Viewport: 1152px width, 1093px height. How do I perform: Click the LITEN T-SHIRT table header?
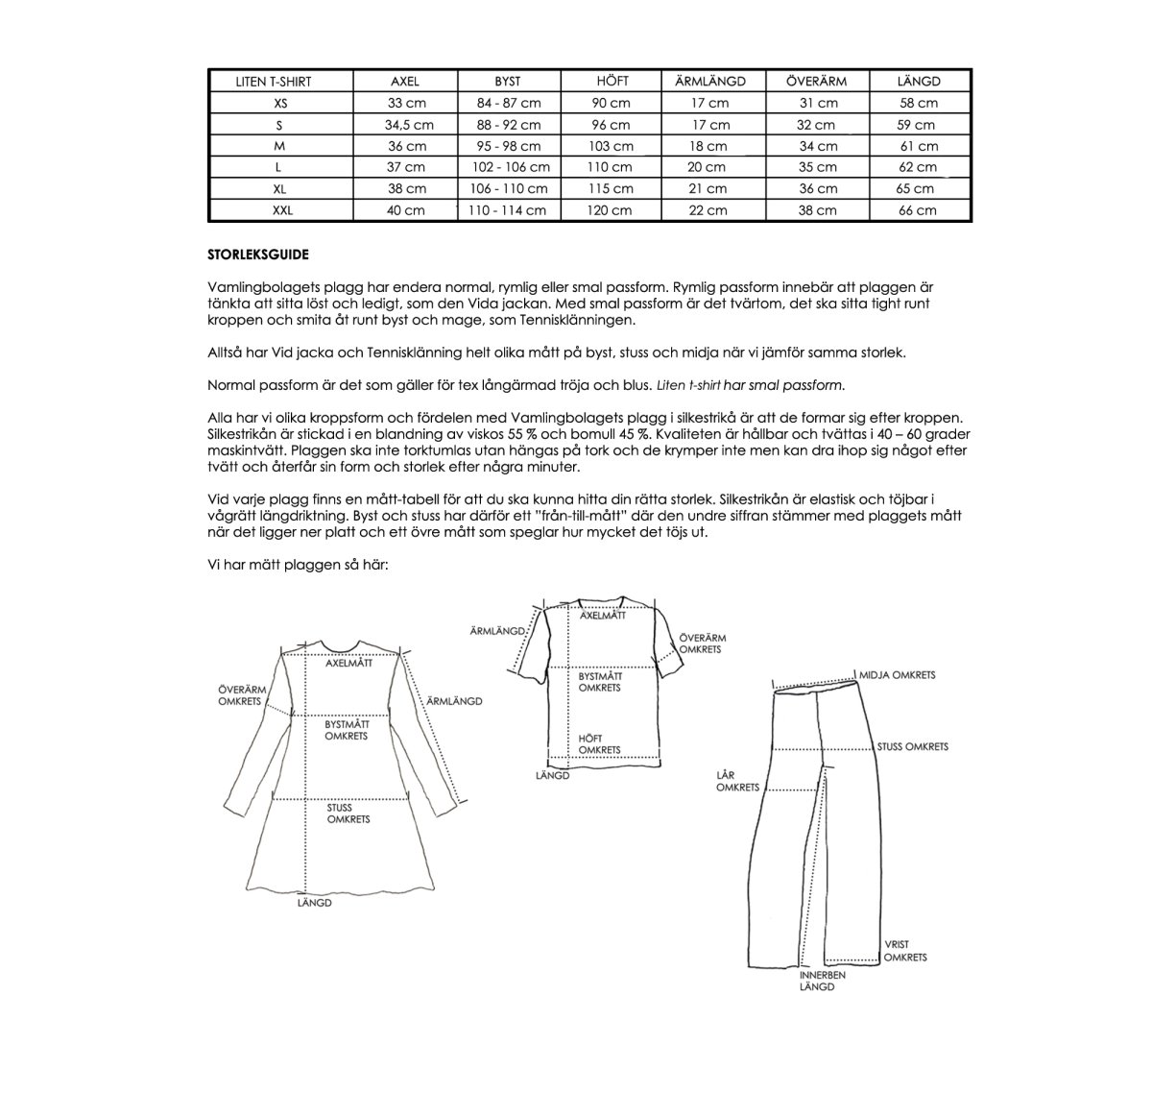coord(274,82)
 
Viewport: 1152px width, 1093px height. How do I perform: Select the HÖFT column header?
coord(612,82)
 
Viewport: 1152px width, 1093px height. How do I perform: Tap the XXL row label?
coord(280,210)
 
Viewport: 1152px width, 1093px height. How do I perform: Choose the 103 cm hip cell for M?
coord(612,146)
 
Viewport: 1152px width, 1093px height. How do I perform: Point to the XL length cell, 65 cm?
coord(918,189)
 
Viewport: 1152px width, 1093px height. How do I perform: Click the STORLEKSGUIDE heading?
coord(258,255)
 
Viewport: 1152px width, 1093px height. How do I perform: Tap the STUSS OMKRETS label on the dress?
coord(348,814)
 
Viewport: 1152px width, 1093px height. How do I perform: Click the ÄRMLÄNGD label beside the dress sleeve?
coord(454,701)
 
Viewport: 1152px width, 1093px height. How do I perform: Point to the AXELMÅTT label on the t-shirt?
coord(603,616)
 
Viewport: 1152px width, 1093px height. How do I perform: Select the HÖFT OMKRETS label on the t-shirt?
coord(599,744)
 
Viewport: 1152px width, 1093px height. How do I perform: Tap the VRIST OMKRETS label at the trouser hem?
coord(904,951)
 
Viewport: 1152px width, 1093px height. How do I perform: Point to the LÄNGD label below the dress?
coord(314,903)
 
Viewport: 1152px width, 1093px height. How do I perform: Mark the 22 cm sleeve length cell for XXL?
coord(709,210)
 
